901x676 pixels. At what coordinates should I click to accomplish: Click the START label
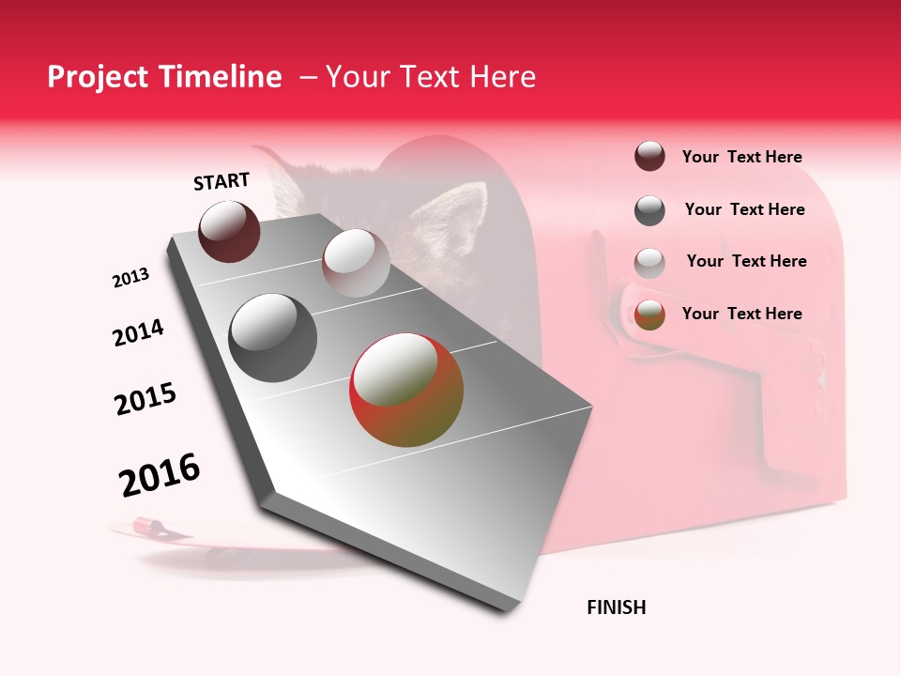tap(221, 181)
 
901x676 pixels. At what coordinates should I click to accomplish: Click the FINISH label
tap(616, 607)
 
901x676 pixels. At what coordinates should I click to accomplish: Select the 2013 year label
tap(130, 278)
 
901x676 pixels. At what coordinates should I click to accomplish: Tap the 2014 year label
tap(138, 333)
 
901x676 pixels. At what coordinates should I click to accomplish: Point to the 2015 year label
tap(145, 399)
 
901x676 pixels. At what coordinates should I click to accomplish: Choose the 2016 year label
tap(160, 474)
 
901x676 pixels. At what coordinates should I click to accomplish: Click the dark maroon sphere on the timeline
tap(229, 232)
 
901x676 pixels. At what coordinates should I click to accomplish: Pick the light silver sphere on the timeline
tap(355, 263)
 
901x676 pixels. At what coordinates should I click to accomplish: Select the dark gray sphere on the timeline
tap(272, 337)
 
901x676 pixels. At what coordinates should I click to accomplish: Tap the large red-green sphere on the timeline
tap(406, 390)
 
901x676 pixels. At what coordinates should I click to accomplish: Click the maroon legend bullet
tap(649, 157)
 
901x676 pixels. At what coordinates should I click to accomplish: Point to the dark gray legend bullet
tap(649, 210)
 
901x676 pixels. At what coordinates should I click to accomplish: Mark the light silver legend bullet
tap(649, 263)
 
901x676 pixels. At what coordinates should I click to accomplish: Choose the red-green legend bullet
tap(649, 315)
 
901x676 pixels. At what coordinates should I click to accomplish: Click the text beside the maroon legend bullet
tap(741, 158)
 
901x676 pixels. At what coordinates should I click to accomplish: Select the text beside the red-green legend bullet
tap(741, 314)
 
